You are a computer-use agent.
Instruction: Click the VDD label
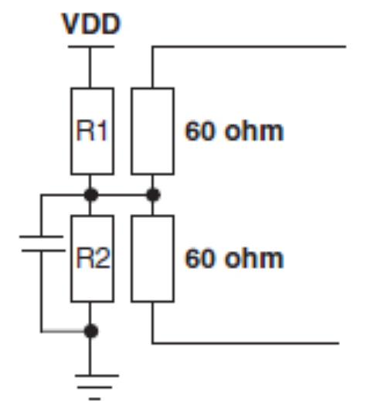coord(91,24)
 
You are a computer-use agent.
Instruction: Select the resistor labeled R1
coord(92,131)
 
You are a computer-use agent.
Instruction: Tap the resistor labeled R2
coord(92,259)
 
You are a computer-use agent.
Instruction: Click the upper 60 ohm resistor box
coord(152,131)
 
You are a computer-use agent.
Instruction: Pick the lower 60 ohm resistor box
coord(152,259)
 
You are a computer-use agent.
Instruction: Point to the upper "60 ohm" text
coord(234,131)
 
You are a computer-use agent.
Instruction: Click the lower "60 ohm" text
coord(234,259)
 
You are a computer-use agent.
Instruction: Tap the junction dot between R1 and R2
coord(91,195)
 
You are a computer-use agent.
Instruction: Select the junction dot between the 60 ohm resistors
coord(153,195)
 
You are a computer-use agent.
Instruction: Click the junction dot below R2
coord(91,331)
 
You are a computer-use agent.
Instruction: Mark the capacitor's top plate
coord(42,236)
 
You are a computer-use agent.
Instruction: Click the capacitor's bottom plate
coord(43,251)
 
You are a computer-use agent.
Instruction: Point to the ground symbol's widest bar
coord(97,375)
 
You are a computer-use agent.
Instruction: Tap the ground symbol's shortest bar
coord(94,399)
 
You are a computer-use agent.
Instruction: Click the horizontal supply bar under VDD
coord(91,46)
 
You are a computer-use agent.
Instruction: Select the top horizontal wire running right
coord(249,46)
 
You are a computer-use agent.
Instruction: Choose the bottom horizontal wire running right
coord(246,343)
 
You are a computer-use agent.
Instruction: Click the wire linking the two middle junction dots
coord(122,195)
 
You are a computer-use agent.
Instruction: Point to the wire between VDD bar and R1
coord(90,68)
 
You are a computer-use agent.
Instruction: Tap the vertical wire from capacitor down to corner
coord(41,291)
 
